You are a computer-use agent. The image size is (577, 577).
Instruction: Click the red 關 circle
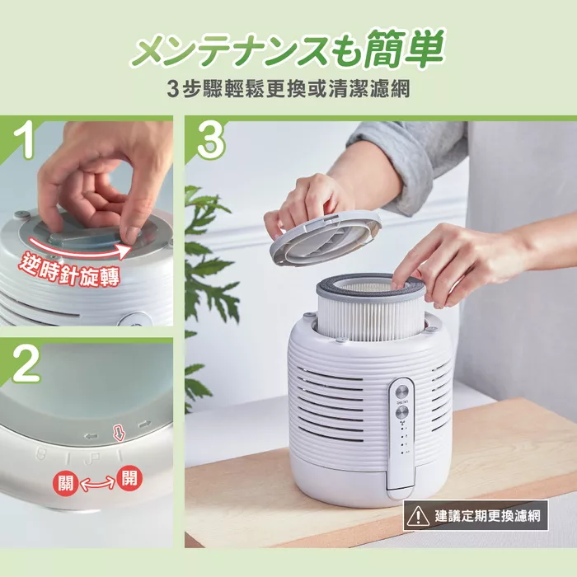pyautogui.click(x=66, y=483)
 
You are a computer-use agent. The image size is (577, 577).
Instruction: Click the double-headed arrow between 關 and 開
pyautogui.click(x=97, y=484)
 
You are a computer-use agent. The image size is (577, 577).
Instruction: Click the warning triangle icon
pyautogui.click(x=420, y=517)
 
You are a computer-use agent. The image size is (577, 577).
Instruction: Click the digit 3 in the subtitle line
pyautogui.click(x=172, y=88)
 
